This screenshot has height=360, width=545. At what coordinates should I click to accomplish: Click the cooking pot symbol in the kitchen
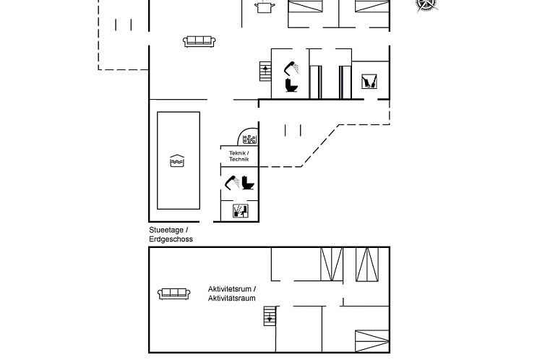click(265, 7)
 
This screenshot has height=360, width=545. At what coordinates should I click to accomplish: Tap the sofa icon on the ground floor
click(199, 41)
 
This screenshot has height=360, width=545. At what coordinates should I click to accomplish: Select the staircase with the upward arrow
click(265, 72)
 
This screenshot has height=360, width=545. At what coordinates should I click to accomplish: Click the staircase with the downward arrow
click(270, 316)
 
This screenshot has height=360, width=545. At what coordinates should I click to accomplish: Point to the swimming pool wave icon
click(177, 160)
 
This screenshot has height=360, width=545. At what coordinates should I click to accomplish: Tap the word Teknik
click(239, 153)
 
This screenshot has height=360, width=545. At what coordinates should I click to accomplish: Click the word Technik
click(239, 159)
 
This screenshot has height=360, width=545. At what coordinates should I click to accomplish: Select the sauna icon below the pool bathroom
click(240, 211)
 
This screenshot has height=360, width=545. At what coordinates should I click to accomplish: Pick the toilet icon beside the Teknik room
click(248, 183)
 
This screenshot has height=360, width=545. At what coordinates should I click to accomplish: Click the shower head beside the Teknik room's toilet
click(232, 183)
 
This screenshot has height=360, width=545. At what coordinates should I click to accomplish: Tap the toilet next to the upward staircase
click(291, 85)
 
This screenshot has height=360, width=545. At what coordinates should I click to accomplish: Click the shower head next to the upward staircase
click(291, 68)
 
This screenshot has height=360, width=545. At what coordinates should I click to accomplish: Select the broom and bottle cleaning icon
click(369, 81)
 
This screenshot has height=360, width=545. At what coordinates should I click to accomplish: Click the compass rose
click(426, 4)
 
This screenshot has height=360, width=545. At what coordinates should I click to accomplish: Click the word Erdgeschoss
click(171, 239)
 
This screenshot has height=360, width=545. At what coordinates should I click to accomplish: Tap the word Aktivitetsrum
click(230, 289)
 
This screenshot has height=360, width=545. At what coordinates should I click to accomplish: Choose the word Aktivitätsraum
click(232, 298)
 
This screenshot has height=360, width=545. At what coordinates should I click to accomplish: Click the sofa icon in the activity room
click(173, 293)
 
